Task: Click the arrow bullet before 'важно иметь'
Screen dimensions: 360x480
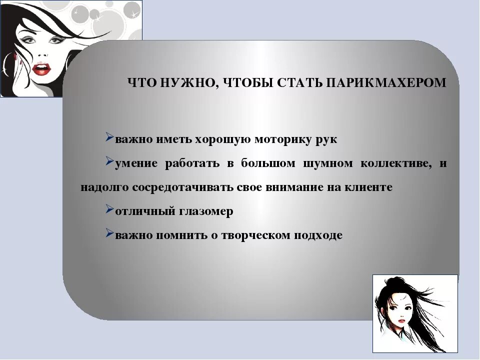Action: click(110, 137)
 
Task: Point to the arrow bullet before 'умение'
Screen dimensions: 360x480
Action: click(110, 162)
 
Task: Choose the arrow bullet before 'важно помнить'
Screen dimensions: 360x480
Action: click(110, 233)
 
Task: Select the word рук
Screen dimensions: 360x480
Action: click(326, 140)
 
